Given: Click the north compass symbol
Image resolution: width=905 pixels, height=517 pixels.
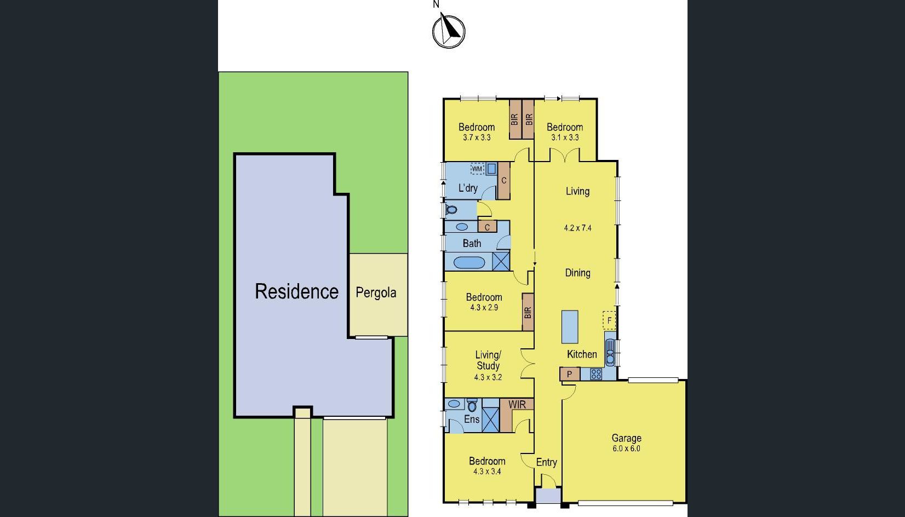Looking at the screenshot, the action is coord(449,31).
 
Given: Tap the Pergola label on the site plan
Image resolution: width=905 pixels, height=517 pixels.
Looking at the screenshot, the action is coord(376,292).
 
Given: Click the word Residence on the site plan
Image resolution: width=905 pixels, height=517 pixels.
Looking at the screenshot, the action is coord(296,291).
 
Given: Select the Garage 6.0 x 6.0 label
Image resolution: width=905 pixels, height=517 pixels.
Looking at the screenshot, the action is coord(626,443).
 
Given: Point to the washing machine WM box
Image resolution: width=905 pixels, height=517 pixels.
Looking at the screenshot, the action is coord(477,169).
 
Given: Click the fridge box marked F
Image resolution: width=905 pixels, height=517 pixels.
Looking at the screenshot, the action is coord(609,321).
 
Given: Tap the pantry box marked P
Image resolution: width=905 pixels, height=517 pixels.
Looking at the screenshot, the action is coord(570,374).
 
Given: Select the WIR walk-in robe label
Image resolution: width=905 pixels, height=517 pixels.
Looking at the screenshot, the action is coord(517,404).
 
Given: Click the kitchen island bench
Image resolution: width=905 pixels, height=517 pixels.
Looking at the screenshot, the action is coord(570,327).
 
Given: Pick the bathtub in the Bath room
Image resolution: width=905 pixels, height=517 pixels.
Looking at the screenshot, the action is coord(469,262).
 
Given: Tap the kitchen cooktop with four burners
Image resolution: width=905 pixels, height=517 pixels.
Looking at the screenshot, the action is coord(596,374).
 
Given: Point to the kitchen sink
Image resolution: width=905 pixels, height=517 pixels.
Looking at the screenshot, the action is coord(610,352).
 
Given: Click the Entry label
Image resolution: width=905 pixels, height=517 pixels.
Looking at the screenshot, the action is coord(547,462).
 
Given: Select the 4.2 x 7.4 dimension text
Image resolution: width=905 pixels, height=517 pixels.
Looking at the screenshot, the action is coord(578,228).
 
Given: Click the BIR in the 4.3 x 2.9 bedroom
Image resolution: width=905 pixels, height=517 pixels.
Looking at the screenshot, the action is coord(528,312).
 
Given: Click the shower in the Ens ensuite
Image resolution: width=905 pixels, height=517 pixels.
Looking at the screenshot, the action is coord(491,420).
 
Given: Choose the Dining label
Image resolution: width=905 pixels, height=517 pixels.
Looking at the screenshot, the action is coord(578,273).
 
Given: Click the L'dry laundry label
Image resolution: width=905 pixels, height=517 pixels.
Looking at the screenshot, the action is coord(468,188).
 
